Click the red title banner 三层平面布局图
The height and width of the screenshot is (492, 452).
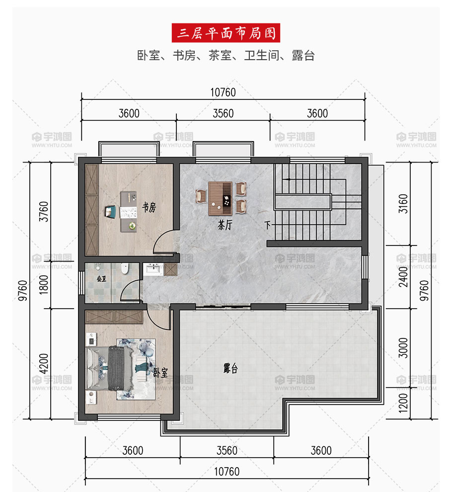click(x=226, y=33)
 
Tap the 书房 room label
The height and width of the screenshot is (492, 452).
click(x=149, y=207)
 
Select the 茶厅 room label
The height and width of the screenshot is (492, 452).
click(x=225, y=225)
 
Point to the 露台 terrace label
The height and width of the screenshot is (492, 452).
click(x=230, y=368)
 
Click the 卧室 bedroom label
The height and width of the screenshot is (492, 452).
click(x=160, y=372)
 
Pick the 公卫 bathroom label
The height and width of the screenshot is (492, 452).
click(x=101, y=279)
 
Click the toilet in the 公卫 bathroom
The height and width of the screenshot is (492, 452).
click(x=125, y=268)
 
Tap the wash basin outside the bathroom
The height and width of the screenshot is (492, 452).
click(x=153, y=269)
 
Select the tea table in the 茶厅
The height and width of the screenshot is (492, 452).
click(x=220, y=198)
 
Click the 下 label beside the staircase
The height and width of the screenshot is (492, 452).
click(x=267, y=225)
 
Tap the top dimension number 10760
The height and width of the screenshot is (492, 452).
click(x=223, y=92)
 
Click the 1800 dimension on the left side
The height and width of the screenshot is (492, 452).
click(x=44, y=285)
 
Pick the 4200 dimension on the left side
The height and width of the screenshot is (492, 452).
click(x=44, y=364)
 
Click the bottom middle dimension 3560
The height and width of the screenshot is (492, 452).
click(x=227, y=451)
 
